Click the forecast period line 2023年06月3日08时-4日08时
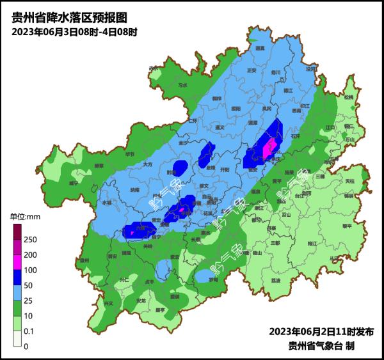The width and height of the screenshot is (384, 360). (x=74, y=31)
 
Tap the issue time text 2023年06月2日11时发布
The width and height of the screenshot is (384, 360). (x=321, y=332)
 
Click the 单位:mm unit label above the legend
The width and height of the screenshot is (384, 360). (x=25, y=217)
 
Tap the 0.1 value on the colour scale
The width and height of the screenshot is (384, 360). (x=29, y=331)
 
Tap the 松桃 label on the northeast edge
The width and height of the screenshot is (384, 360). (x=348, y=97)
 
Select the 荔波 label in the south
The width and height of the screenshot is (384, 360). (x=276, y=280)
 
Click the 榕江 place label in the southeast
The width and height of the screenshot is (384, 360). (x=313, y=244)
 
